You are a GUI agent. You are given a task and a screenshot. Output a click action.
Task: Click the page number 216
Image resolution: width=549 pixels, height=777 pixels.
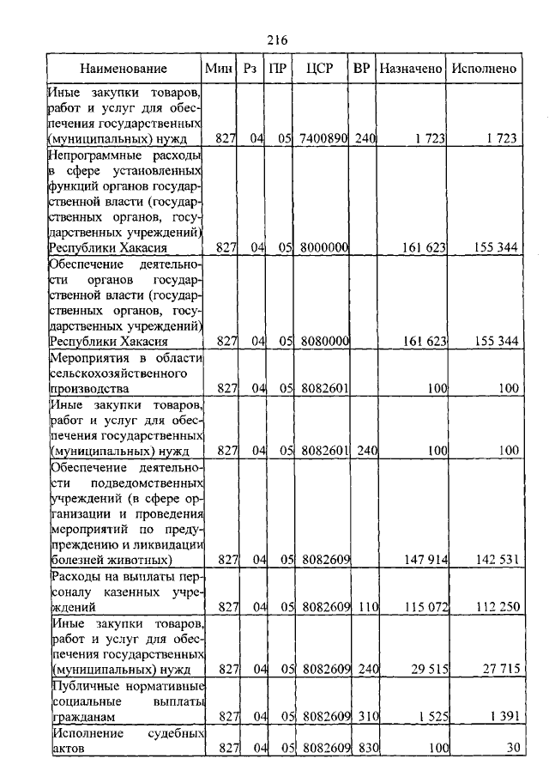tap(275, 40)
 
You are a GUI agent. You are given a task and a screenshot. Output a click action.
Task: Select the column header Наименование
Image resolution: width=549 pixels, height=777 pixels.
tap(124, 69)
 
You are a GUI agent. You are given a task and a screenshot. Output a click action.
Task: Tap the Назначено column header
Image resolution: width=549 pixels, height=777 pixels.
tap(411, 69)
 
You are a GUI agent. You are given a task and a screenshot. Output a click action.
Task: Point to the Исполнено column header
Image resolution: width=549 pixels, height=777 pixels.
tap(484, 69)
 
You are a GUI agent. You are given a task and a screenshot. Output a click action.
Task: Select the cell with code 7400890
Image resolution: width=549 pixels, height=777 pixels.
tap(323, 137)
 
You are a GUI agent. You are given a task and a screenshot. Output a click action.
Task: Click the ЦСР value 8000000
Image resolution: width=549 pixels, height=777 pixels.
tap(323, 247)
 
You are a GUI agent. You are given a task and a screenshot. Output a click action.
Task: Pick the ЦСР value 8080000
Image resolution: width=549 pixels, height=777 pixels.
tap(323, 341)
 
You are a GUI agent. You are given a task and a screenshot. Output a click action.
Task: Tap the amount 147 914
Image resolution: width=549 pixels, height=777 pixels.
tap(425, 560)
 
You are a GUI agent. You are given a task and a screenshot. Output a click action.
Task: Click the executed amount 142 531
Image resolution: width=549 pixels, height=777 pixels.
tap(496, 560)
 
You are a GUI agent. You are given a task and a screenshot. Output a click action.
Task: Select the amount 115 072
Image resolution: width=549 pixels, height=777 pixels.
tap(425, 607)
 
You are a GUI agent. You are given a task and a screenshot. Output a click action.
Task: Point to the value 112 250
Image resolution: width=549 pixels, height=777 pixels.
tap(496, 607)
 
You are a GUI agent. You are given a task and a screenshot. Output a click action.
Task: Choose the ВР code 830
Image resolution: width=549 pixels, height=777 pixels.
tap(366, 747)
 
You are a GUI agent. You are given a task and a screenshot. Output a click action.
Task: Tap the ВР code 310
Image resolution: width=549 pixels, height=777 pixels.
tap(366, 715)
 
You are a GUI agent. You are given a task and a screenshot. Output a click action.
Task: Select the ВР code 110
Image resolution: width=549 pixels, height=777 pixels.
tap(366, 607)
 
